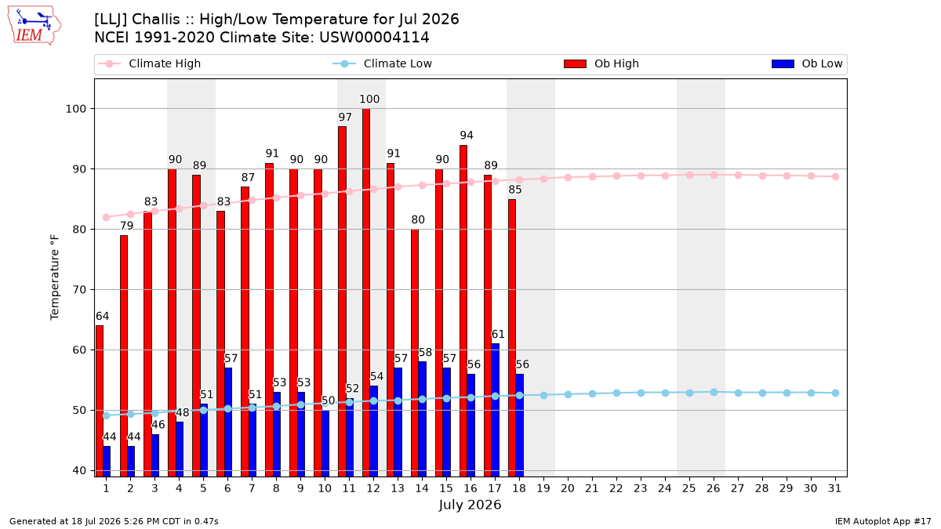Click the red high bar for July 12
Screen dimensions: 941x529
(x=366, y=292)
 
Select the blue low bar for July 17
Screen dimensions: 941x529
(x=496, y=410)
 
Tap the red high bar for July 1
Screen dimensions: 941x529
(x=100, y=401)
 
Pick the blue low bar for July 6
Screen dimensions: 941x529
(x=228, y=422)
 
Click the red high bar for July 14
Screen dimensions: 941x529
(x=415, y=353)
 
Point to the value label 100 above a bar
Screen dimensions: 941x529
(x=369, y=99)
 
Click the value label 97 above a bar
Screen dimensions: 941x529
(x=345, y=117)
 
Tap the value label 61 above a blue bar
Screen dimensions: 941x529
(x=498, y=334)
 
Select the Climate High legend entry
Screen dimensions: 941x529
(x=149, y=63)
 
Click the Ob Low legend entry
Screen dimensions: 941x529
(x=807, y=63)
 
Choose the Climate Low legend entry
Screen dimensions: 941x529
(x=383, y=63)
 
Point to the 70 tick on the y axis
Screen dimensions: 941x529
(x=79, y=290)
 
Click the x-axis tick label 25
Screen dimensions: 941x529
(x=689, y=488)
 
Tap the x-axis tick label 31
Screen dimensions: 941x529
(x=834, y=488)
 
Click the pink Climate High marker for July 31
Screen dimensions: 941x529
(x=835, y=177)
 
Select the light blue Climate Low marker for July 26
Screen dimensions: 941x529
(x=714, y=392)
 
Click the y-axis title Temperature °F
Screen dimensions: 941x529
(x=55, y=277)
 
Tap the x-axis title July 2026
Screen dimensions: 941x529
(x=470, y=505)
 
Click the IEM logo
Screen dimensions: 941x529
(x=35, y=26)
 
